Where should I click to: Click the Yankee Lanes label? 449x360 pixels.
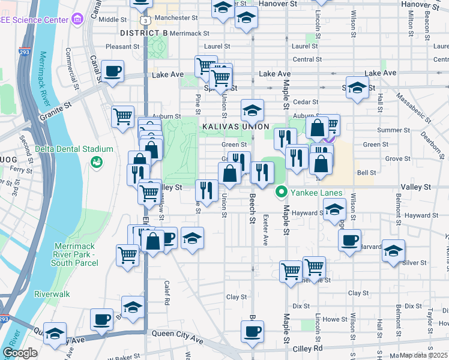tap(317, 193)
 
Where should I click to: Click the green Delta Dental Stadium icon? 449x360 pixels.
tap(95, 162)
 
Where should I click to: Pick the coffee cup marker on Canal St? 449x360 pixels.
tap(112, 71)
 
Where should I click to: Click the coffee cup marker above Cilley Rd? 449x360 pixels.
tap(252, 331)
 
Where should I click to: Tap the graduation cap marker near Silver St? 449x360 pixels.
tap(393, 250)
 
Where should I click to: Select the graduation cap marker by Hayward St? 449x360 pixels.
tap(334, 209)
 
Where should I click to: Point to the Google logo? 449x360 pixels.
tap(20, 353)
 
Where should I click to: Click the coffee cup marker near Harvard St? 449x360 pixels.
tap(349, 240)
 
